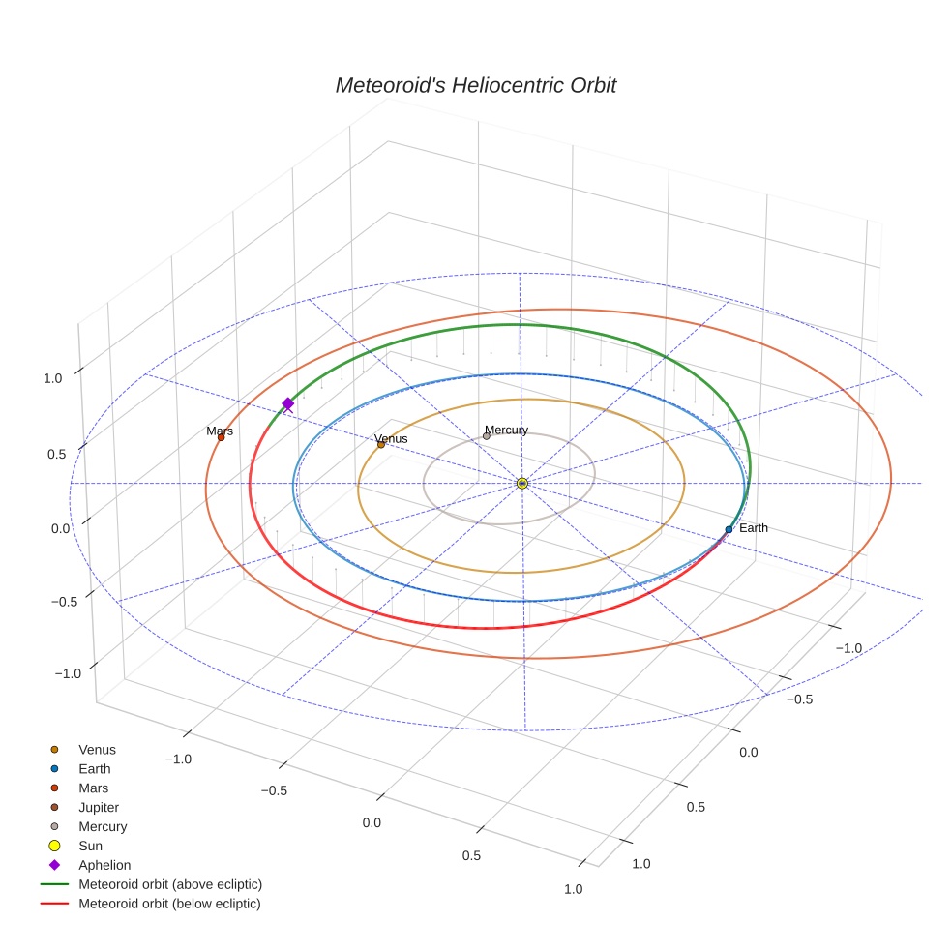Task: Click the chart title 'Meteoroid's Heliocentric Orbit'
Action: click(475, 85)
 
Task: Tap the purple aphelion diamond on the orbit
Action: click(287, 403)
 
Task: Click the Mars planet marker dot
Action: click(221, 437)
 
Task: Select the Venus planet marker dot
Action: click(380, 444)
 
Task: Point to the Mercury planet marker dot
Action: click(486, 435)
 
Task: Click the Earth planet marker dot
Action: click(729, 529)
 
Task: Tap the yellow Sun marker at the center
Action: click(522, 483)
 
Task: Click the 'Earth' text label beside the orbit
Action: click(753, 528)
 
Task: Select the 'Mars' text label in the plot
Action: click(220, 431)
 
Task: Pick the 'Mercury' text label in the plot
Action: click(506, 430)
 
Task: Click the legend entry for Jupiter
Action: click(99, 807)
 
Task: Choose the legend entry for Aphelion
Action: click(104, 865)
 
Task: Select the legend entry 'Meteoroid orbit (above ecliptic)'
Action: click(170, 884)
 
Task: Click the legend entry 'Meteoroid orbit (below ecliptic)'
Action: click(169, 904)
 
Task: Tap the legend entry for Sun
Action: click(90, 846)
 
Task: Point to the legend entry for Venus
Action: click(97, 749)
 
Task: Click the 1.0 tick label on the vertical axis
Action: click(53, 378)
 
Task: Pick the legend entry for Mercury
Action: click(103, 826)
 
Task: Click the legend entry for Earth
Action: click(95, 768)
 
